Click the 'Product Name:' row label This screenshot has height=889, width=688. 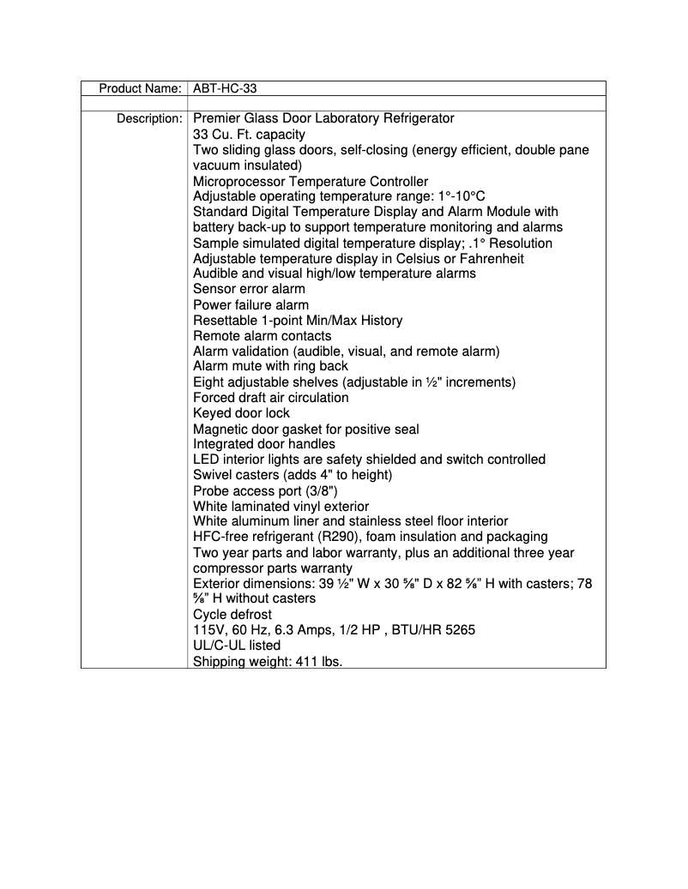coord(139,88)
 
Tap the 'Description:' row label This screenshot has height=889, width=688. coord(149,118)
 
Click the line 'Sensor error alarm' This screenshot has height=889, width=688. coord(249,290)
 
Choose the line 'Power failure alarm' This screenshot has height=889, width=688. coord(250,305)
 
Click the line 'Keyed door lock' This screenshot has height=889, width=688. coord(241,413)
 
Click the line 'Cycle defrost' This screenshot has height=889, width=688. coord(232,615)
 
